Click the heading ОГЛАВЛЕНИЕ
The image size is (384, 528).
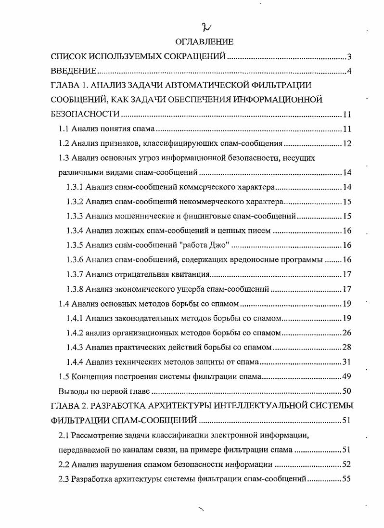198,42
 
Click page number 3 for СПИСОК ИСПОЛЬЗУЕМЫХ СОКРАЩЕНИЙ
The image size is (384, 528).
349,57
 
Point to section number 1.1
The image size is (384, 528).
64,129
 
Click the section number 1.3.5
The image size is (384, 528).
75,245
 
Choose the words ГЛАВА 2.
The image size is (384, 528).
69,406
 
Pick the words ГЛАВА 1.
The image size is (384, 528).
69,86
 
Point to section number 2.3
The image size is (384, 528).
64,479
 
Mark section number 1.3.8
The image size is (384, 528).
75,289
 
